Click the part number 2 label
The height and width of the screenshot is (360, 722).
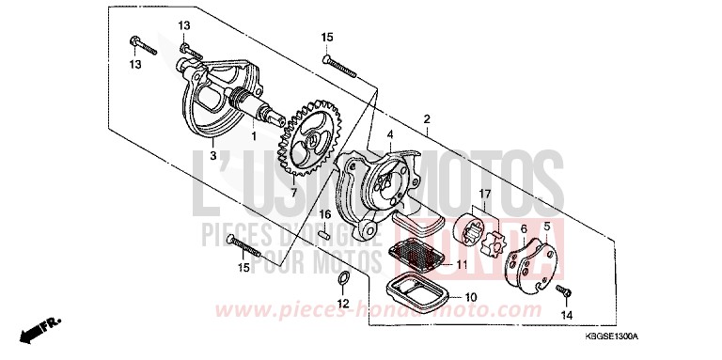[427, 120]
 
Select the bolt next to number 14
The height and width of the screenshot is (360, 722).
[562, 292]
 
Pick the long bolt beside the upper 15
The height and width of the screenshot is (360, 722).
[342, 65]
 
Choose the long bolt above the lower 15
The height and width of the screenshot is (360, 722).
[245, 248]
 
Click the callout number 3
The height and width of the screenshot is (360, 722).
[214, 155]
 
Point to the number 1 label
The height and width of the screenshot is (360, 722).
[252, 134]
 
